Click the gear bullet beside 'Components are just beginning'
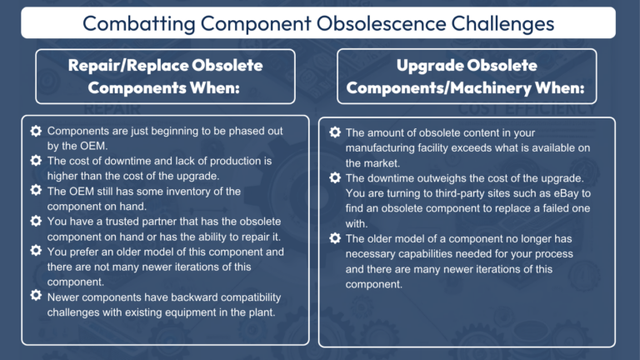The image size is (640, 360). click(36, 131)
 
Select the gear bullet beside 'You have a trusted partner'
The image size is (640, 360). click(36, 221)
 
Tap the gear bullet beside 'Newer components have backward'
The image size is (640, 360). click(36, 296)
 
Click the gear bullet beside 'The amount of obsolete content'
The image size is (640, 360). click(335, 132)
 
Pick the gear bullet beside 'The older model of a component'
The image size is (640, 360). click(335, 238)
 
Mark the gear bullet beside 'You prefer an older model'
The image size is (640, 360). click(36, 251)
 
